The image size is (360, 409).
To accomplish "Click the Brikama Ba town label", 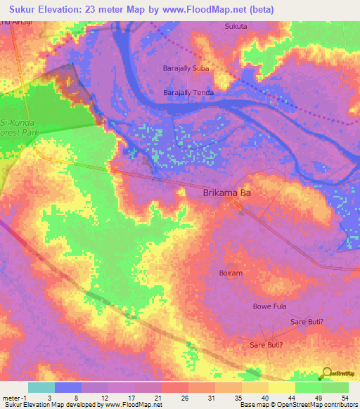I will [x=226, y=193].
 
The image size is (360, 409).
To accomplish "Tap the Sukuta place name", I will [x=236, y=26].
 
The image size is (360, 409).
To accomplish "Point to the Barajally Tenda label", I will [x=188, y=92].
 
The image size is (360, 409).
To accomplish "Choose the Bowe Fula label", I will [x=270, y=306].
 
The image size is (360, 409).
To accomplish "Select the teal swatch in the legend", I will [x=41, y=387].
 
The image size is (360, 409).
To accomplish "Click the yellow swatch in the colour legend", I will [x=281, y=387].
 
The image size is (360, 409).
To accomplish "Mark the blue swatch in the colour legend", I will [x=67, y=387].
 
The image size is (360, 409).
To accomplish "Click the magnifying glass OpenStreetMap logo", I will [x=326, y=373].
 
